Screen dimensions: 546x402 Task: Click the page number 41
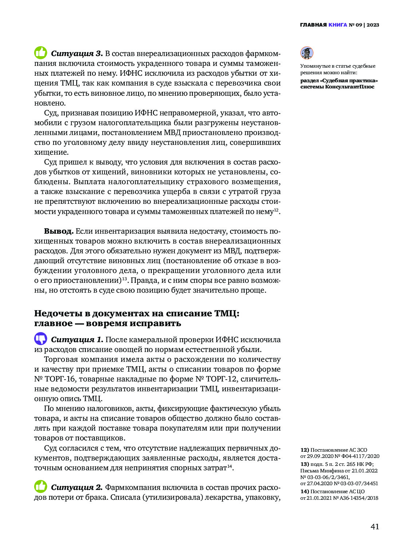[x=375, y=526]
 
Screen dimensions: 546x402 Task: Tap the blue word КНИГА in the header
[x=338, y=25]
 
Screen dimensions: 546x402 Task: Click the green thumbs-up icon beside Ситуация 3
[x=41, y=53]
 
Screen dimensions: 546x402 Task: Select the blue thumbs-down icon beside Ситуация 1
[x=41, y=339]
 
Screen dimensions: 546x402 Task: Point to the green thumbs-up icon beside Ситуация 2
[x=41, y=487]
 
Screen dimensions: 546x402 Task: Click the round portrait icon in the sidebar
[x=307, y=53]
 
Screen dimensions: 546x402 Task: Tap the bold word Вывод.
[x=59, y=231]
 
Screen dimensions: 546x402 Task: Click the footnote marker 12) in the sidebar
[x=304, y=450]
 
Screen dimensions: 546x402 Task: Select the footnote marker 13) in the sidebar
[x=304, y=464]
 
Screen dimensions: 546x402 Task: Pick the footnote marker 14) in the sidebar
[x=304, y=491]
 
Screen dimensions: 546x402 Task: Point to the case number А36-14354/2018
[x=358, y=498]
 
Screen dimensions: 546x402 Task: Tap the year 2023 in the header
[x=373, y=25]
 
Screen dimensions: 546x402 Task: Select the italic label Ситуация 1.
[x=77, y=340]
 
